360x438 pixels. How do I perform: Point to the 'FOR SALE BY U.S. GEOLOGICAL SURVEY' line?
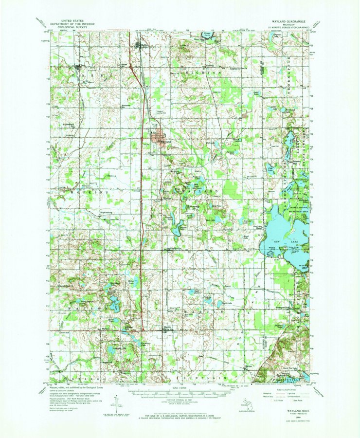[180, 417]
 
